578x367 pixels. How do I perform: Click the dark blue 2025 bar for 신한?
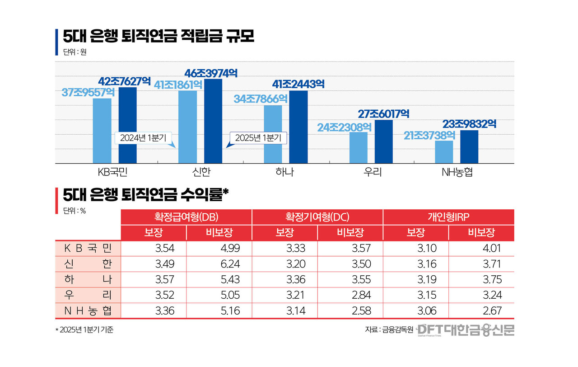click(x=213, y=121)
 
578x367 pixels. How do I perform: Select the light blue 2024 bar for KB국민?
click(x=102, y=131)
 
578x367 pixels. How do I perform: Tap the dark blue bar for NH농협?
click(x=469, y=146)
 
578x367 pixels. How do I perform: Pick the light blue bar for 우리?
click(x=359, y=147)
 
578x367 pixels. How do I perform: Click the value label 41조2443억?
click(x=298, y=84)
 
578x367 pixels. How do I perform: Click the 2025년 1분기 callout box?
click(x=258, y=138)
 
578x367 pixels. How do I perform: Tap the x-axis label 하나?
click(x=284, y=172)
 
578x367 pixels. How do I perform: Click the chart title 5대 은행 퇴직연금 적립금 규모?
click(x=158, y=36)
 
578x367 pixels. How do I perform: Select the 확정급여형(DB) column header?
click(x=186, y=217)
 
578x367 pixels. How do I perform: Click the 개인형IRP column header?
click(x=448, y=217)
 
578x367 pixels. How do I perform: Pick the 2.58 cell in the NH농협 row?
click(x=361, y=311)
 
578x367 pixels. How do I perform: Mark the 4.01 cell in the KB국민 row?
click(x=492, y=248)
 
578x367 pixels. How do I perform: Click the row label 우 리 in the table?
click(x=88, y=295)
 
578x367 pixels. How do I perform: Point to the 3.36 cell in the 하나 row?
click(x=296, y=280)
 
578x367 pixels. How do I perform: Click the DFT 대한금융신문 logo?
click(x=465, y=330)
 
